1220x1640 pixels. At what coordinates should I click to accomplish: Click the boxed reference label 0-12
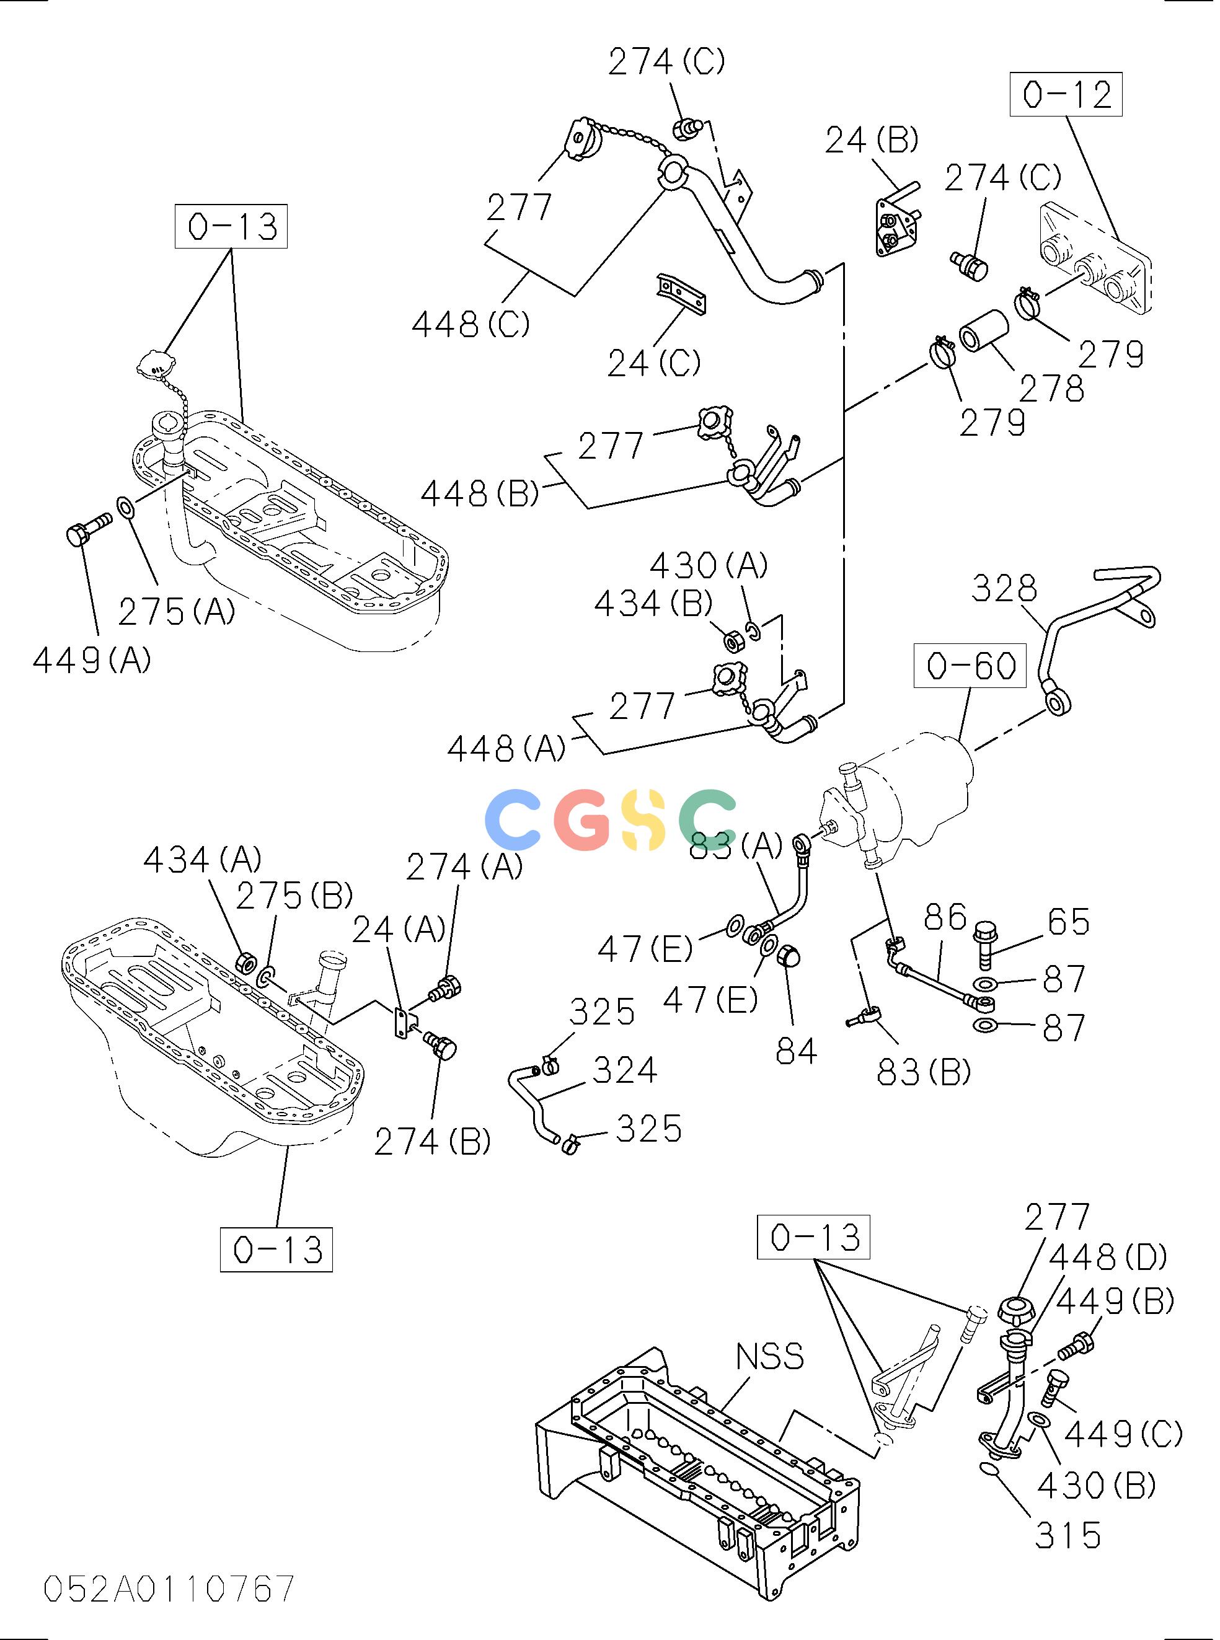(x=1072, y=94)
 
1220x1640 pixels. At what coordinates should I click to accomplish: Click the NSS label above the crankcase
(x=774, y=1357)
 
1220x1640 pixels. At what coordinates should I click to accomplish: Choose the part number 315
(x=1074, y=1535)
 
